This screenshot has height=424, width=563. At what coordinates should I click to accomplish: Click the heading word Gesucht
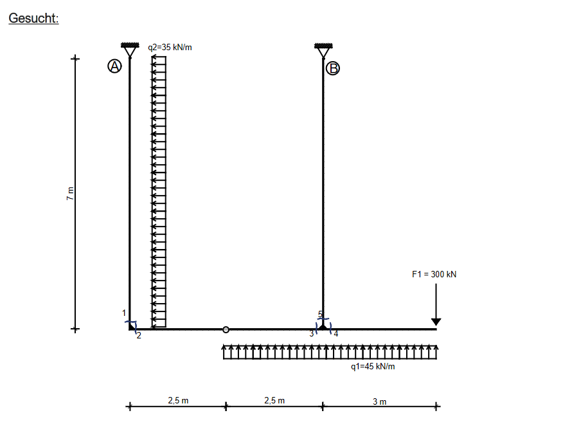pos(33,18)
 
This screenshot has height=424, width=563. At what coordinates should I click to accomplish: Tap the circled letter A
pos(114,66)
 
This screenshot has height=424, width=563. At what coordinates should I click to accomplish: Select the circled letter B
pos(333,68)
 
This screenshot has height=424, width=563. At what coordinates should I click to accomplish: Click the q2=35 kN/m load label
pos(170,47)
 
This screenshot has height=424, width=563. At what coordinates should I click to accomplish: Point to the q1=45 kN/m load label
pos(373,367)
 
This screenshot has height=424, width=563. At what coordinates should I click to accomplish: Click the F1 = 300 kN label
pos(434,274)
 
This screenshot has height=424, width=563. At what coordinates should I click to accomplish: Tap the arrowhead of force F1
pos(436,322)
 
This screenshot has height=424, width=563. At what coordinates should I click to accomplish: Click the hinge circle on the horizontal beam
pos(226,329)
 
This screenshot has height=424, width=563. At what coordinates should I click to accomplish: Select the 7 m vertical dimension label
pos(70,194)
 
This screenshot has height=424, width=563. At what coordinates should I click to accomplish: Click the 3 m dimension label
pos(380,401)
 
